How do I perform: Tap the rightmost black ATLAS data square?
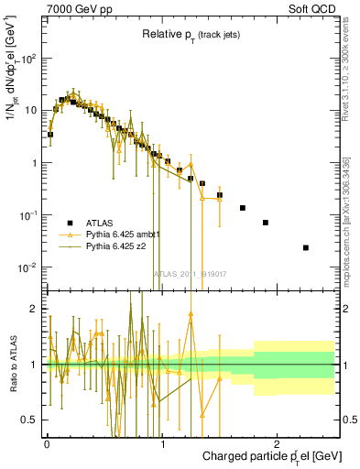click(306, 247)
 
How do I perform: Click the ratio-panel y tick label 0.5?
click(31, 420)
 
